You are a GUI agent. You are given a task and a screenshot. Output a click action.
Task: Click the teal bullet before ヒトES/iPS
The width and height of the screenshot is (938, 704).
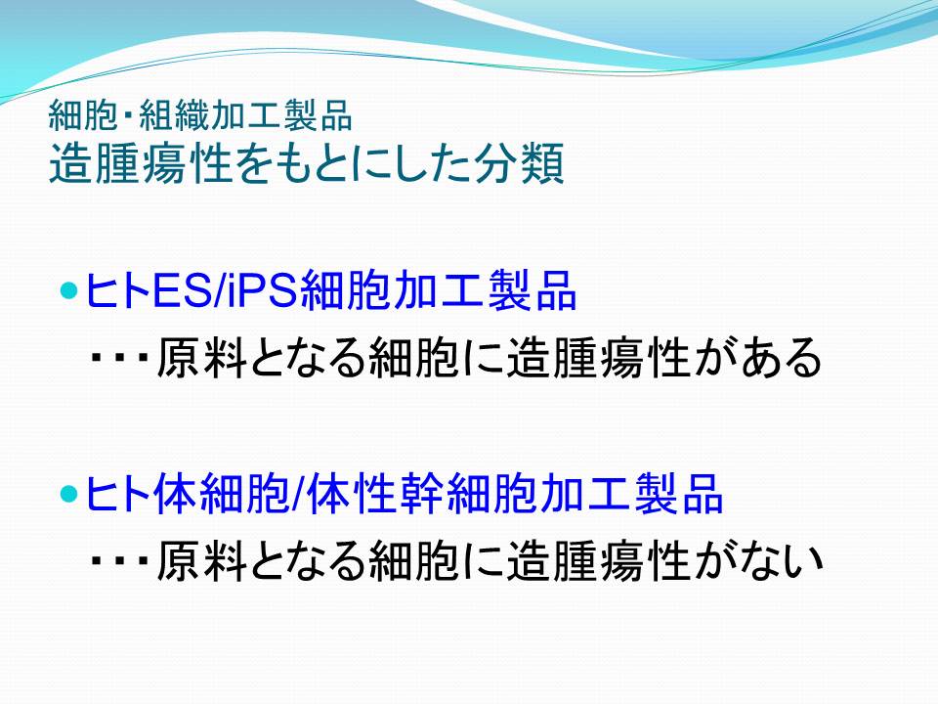pyautogui.click(x=70, y=291)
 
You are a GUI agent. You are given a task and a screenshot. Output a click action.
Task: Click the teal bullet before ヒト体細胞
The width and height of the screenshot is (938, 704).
pyautogui.click(x=70, y=494)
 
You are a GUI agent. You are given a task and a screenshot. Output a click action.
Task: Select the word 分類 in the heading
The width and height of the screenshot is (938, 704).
pyautogui.click(x=519, y=163)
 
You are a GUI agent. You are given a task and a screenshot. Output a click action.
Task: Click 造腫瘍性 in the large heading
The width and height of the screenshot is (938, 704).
pyautogui.click(x=141, y=163)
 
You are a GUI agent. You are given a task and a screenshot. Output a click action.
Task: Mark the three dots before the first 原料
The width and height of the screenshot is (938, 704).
pyautogui.click(x=119, y=358)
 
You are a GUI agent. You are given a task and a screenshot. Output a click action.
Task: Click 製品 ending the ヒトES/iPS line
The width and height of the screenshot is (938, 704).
pyautogui.click(x=532, y=291)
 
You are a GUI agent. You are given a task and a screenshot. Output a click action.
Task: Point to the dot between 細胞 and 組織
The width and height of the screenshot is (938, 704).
pyautogui.click(x=128, y=115)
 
